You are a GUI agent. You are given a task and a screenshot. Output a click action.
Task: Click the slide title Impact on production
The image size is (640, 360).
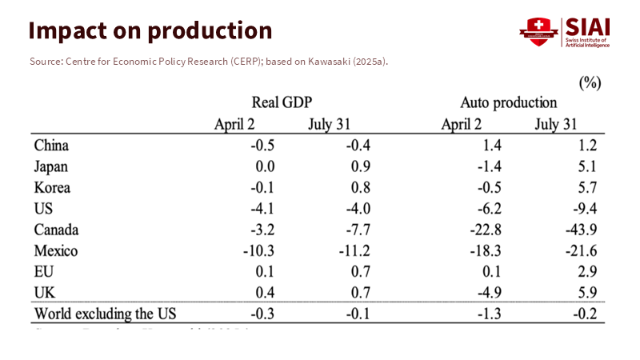click(150, 30)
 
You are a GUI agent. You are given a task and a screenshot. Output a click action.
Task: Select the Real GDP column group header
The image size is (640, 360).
click(281, 102)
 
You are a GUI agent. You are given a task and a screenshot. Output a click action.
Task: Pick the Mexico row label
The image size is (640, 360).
click(56, 250)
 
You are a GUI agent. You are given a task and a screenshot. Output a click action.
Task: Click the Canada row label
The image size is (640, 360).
click(57, 230)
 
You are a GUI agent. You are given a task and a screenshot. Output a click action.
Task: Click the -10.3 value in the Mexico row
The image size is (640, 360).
click(258, 250)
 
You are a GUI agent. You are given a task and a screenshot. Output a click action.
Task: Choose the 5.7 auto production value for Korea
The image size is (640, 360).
click(587, 188)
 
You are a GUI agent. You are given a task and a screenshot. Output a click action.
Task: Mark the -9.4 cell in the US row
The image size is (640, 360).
click(584, 209)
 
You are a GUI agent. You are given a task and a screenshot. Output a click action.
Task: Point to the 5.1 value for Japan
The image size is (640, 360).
click(587, 167)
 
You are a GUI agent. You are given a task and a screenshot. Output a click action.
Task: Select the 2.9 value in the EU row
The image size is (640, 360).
click(587, 271)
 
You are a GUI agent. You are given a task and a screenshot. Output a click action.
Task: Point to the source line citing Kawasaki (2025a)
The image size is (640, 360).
click(208, 62)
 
